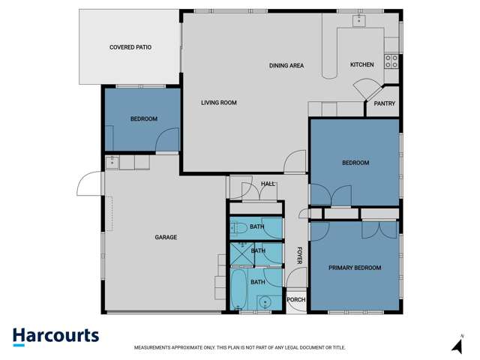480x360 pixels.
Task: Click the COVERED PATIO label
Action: [x=130, y=47]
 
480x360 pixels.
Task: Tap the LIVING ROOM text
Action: [x=219, y=103]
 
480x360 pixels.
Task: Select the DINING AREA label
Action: [x=286, y=66]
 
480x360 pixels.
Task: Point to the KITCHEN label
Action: [x=361, y=65]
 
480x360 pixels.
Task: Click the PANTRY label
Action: [x=384, y=104]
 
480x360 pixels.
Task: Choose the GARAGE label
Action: [x=166, y=238]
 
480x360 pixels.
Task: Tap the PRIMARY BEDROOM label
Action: [x=355, y=268]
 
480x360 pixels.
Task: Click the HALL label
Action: [x=268, y=184]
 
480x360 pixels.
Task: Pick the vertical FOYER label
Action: [x=299, y=255]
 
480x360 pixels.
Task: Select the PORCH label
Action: [x=296, y=300]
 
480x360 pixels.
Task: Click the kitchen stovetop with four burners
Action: [x=391, y=61]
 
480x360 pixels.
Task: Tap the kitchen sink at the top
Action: [x=358, y=19]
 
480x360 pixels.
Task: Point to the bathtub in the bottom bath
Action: [x=238, y=290]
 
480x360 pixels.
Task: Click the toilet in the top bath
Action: [x=238, y=228]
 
